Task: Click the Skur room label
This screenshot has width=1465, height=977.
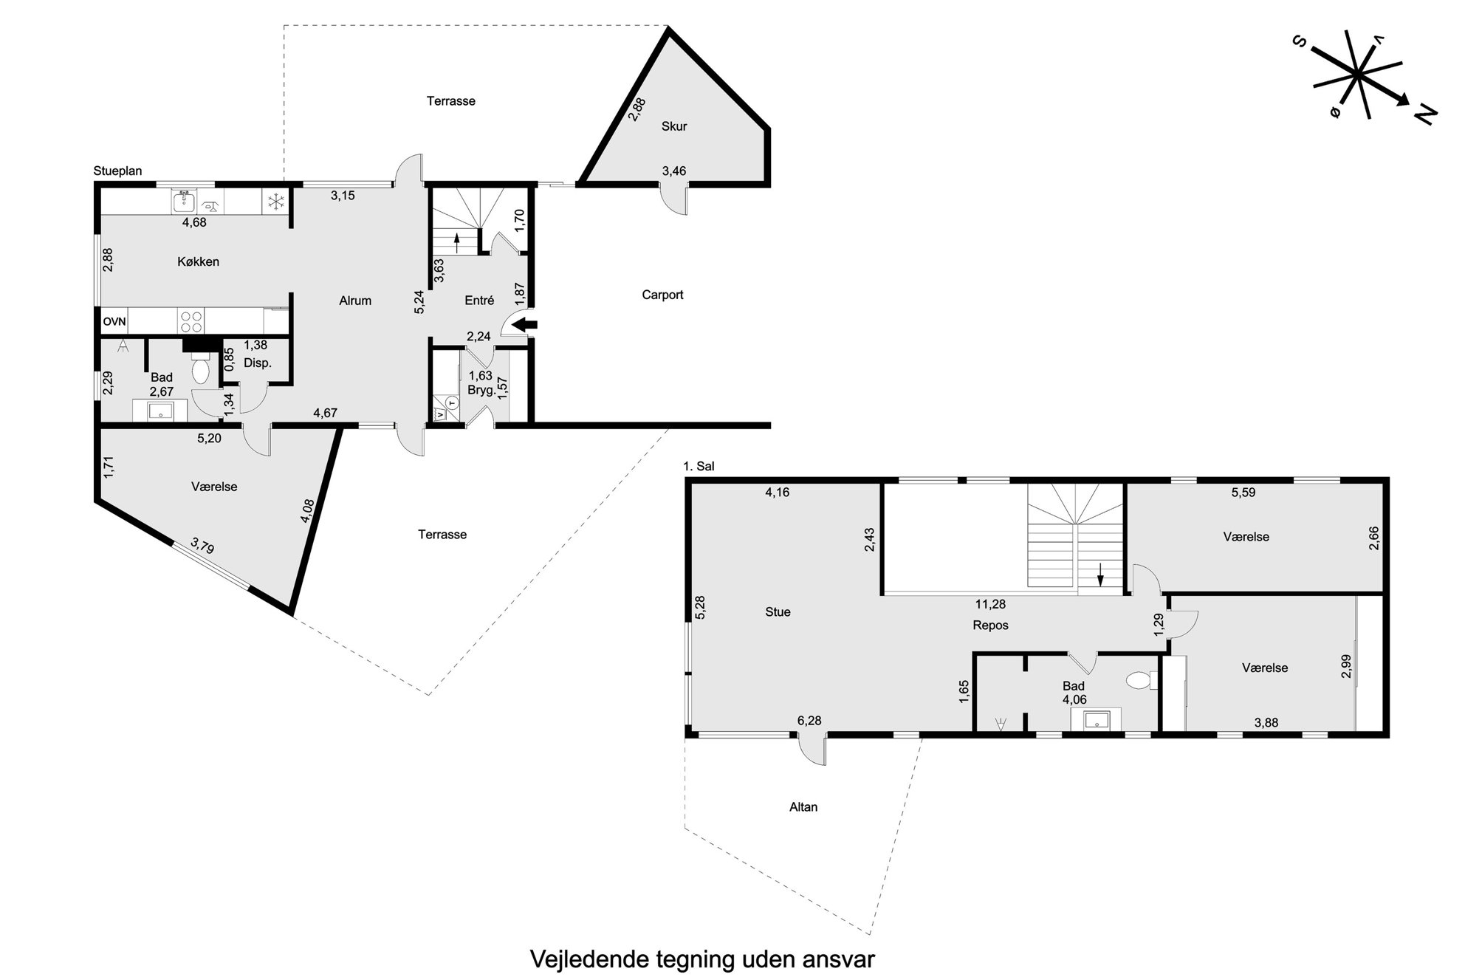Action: (x=674, y=126)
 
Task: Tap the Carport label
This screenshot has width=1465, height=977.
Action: (x=662, y=295)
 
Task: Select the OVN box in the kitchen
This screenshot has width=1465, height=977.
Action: (x=114, y=321)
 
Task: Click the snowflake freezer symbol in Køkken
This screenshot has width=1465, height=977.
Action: (x=275, y=202)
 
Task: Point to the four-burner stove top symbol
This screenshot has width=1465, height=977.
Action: (x=191, y=321)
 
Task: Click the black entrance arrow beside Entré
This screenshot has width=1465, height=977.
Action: (x=525, y=324)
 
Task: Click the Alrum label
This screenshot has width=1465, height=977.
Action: (x=355, y=301)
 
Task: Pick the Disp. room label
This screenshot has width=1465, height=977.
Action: (x=258, y=363)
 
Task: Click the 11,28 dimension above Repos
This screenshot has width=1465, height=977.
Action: (x=990, y=604)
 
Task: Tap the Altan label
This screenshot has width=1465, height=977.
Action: (x=803, y=807)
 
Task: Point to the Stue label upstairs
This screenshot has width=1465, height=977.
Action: (x=778, y=612)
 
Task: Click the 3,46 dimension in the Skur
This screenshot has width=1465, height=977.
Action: (x=674, y=171)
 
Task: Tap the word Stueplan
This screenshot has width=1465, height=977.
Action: (x=117, y=171)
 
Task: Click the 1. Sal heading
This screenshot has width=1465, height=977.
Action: (x=699, y=467)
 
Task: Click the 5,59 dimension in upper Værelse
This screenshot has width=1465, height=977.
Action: (x=1243, y=493)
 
